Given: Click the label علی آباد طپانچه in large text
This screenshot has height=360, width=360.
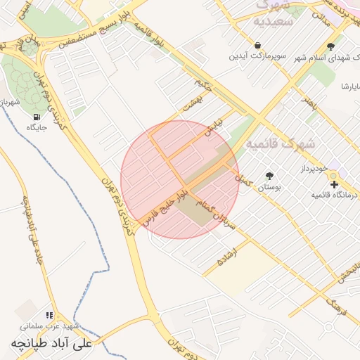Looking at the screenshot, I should click(51, 344).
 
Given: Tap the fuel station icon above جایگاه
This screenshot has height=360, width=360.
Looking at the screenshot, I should click(37, 116).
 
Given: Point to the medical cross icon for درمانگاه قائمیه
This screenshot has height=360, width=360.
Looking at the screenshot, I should click(334, 184).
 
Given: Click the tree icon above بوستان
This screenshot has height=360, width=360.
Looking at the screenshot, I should click(269, 175).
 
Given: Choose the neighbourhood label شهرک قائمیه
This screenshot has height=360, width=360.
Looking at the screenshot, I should click(281, 143).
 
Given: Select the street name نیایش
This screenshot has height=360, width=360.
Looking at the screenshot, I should click(212, 126).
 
